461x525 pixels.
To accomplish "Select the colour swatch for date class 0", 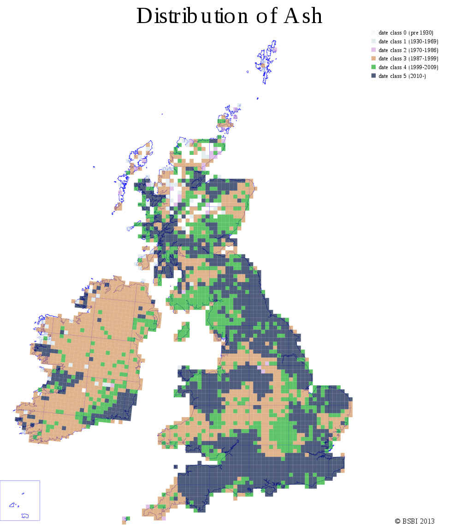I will point(373,33).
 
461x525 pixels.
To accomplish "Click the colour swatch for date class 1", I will point(373,41).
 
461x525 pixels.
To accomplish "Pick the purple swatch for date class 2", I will point(373,50).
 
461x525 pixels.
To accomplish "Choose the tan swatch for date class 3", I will point(373,59).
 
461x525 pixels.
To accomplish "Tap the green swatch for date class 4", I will point(373,67).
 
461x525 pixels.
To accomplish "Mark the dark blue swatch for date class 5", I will point(373,76).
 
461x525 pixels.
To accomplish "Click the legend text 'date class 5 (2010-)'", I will point(402,76).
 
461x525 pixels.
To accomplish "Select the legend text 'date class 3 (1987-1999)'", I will point(408,59).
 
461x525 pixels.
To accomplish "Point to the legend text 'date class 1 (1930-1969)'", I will point(408,41).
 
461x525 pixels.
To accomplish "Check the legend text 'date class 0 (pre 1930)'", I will point(406,33).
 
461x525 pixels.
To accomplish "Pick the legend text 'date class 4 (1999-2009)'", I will point(408,67).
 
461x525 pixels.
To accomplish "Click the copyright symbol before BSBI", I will point(397,521).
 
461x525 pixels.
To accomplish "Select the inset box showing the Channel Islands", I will point(20,500).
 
